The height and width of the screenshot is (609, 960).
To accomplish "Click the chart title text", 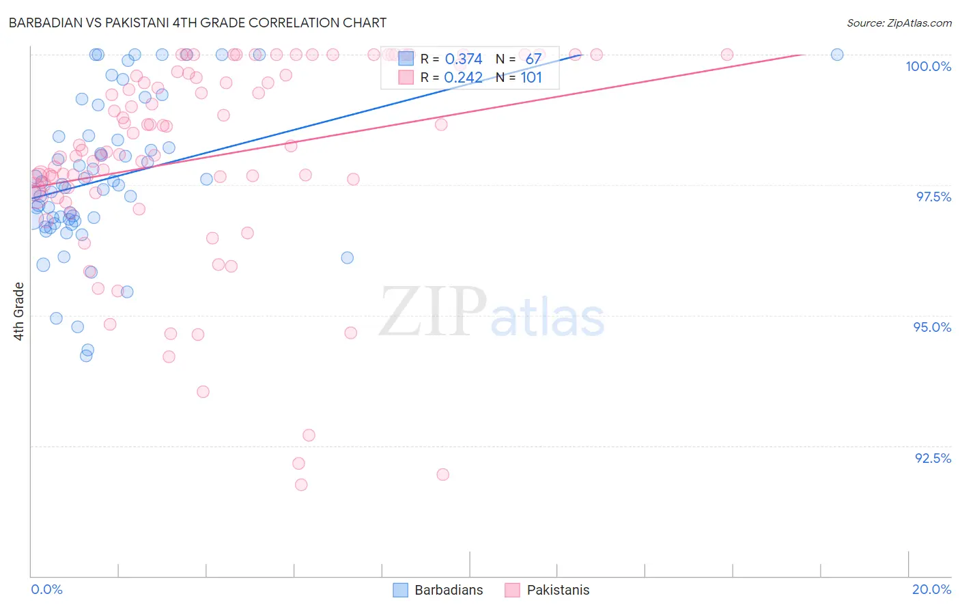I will coord(197,23).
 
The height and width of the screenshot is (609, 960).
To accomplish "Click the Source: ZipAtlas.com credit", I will coord(899,23).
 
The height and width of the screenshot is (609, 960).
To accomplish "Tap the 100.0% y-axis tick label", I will coord(928,66).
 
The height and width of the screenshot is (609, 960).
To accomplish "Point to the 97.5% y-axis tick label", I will coord(933,197).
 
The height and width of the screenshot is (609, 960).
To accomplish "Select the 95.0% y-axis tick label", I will coord(932,327).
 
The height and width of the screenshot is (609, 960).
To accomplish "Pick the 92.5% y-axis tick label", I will coord(933,458).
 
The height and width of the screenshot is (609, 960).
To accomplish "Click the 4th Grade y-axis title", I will coord(19,311).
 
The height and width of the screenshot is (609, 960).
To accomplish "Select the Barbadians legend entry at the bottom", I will coord(438,590).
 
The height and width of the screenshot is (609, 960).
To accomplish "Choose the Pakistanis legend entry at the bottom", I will coord(548,590).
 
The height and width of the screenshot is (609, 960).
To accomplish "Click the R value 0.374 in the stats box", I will coord(464,59).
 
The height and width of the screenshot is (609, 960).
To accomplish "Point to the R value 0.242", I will coord(464,78).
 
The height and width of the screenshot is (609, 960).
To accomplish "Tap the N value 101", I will coord(531,78).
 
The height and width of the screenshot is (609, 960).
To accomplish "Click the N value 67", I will coord(533,59).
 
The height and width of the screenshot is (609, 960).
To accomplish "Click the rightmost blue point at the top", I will coord(837,55).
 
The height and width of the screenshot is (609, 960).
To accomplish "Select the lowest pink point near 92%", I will coord(301,485).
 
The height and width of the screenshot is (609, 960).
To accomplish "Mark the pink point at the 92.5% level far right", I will coord(442,475).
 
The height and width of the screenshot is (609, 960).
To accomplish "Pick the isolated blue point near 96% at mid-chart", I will coord(348,257).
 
